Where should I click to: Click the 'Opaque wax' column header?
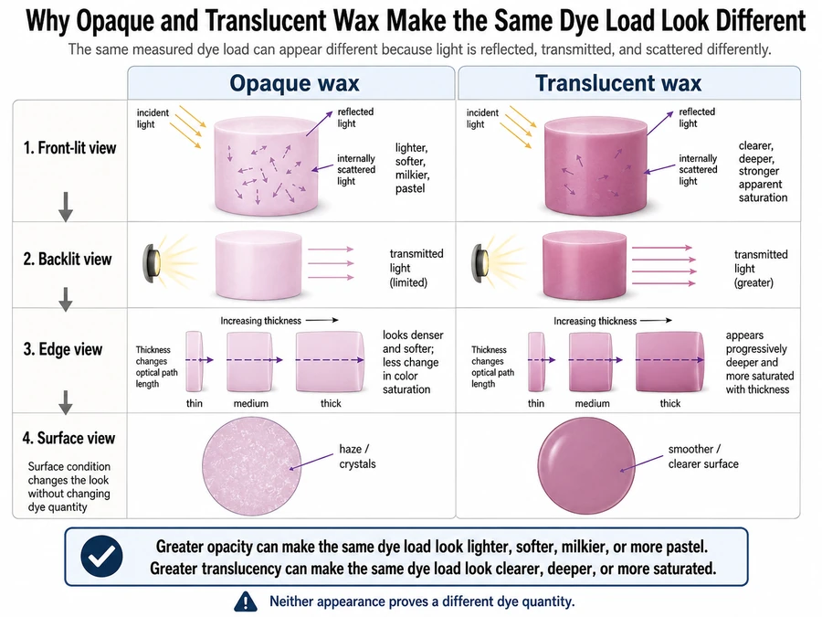[x=294, y=83]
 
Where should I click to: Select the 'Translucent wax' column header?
[x=618, y=83]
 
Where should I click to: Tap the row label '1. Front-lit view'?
[x=69, y=148]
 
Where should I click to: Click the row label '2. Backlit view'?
[x=67, y=260]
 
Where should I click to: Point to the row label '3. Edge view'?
[x=62, y=349]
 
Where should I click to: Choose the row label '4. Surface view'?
[x=68, y=438]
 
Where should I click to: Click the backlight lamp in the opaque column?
[x=153, y=263]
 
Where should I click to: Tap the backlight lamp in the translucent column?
[x=481, y=263]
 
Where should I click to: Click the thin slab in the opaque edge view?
[x=194, y=361]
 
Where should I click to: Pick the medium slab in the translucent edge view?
[x=591, y=361]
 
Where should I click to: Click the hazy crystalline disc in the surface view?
[x=252, y=466]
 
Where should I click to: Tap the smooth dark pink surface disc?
[x=586, y=466]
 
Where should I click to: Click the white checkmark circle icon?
[x=101, y=557]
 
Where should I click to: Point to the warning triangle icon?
[x=246, y=601]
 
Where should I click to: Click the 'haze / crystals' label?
[x=357, y=456]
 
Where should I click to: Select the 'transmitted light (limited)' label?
[x=416, y=268]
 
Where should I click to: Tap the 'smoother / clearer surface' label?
[x=703, y=456]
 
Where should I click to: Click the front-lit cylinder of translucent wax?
[x=595, y=165]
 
